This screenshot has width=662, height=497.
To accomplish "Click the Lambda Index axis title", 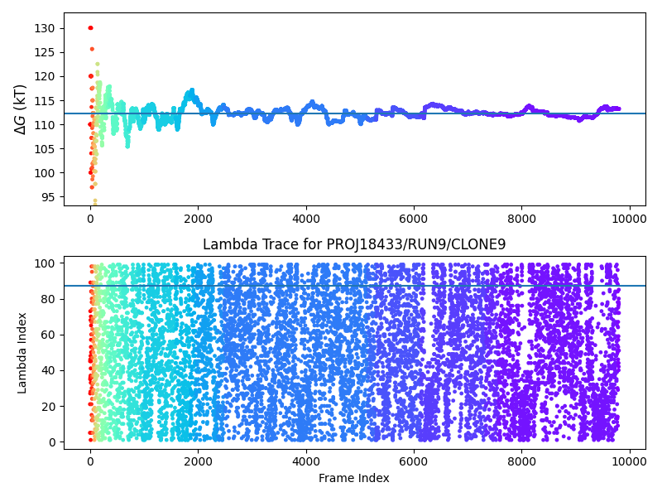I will pos(22,353).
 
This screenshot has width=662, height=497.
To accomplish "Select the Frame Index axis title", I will pos(354,478).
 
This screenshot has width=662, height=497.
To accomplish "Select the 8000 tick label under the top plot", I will pos(522,219).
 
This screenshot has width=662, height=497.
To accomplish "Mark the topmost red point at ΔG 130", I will pos(90,28).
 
